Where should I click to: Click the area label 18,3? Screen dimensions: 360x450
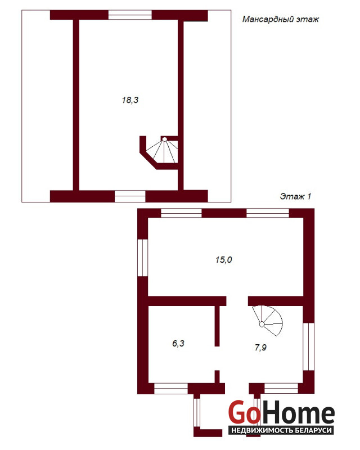tap(130, 100)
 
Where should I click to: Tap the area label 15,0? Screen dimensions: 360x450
tap(224, 260)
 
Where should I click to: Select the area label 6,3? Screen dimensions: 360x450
tap(178, 343)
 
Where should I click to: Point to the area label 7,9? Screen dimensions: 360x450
tap(260, 348)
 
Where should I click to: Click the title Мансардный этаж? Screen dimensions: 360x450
tap(281, 19)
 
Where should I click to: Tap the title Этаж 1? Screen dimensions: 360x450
tap(295, 196)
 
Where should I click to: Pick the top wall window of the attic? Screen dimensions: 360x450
tap(130, 15)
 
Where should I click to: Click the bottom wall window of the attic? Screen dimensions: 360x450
tap(130, 196)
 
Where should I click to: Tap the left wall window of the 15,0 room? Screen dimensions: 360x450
tap(143, 258)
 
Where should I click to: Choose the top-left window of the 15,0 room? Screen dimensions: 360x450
tap(181, 213)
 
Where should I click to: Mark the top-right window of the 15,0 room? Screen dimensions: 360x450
tap(268, 213)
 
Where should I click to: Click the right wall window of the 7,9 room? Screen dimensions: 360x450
tap(309, 346)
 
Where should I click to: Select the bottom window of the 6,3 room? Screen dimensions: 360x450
tap(171, 389)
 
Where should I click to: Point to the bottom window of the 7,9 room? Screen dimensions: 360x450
tap(281, 389)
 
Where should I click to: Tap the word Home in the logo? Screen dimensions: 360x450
tap(296, 413)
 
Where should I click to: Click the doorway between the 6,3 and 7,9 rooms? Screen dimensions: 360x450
tap(217, 358)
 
